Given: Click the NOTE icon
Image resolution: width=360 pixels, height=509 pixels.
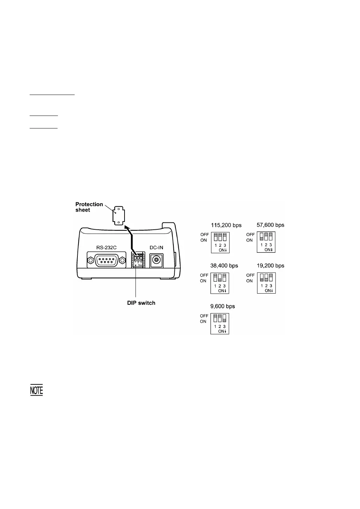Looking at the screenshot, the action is [x=37, y=391].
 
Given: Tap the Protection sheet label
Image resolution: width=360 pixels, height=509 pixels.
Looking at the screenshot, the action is [x=89, y=207].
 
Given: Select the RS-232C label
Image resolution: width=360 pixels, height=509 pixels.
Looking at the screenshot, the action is [x=106, y=248].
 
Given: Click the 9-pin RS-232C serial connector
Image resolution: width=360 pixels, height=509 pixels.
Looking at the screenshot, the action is [x=106, y=260].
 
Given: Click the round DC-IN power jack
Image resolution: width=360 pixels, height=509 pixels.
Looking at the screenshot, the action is [x=157, y=260].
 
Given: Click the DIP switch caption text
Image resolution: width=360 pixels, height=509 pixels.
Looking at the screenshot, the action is [x=141, y=303].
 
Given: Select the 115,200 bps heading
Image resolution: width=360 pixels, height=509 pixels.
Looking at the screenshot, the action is [x=226, y=225].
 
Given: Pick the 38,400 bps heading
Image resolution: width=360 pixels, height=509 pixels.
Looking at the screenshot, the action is [x=224, y=266].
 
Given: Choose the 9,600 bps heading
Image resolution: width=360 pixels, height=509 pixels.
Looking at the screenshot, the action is [x=223, y=306].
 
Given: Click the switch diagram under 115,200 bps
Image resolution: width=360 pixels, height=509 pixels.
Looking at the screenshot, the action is [x=220, y=242].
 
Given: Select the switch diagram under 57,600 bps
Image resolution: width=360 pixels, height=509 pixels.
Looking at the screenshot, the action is [x=266, y=242].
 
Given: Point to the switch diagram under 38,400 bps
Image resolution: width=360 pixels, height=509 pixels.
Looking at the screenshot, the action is [x=220, y=283].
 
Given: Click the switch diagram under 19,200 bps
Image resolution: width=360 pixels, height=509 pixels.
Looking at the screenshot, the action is [x=266, y=283].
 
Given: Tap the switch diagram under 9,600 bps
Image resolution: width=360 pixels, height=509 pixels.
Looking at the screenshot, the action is [x=220, y=324].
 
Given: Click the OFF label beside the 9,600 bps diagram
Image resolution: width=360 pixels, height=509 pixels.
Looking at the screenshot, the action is [x=204, y=316].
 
